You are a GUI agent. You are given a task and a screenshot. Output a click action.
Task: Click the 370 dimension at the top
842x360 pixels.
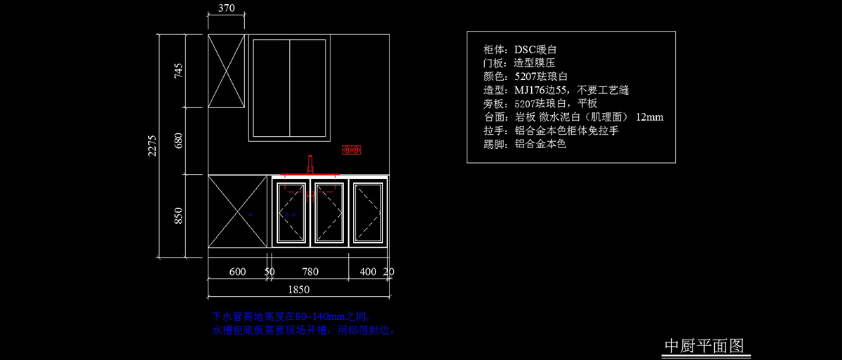[x=227, y=9]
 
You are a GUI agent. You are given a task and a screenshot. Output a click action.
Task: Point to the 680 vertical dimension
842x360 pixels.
[x=178, y=140]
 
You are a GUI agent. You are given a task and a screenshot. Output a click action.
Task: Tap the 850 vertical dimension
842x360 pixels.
[x=178, y=215]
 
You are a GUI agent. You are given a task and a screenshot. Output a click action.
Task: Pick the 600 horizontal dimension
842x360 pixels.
[x=237, y=272]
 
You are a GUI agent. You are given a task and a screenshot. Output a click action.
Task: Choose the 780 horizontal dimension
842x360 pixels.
[x=310, y=272]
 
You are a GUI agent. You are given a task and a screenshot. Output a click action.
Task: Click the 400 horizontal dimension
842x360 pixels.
[x=368, y=272]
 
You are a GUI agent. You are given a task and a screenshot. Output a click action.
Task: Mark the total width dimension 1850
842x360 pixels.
[x=298, y=289]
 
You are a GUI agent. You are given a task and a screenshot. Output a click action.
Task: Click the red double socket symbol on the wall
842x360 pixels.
[x=352, y=149]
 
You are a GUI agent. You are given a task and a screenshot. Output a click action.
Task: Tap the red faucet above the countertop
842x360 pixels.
[x=309, y=164]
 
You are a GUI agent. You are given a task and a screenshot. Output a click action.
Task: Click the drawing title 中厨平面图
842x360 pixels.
[x=703, y=346]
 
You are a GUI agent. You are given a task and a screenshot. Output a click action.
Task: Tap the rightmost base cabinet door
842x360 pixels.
[x=368, y=212]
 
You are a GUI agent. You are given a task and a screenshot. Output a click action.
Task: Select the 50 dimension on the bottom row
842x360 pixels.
[x=269, y=272]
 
